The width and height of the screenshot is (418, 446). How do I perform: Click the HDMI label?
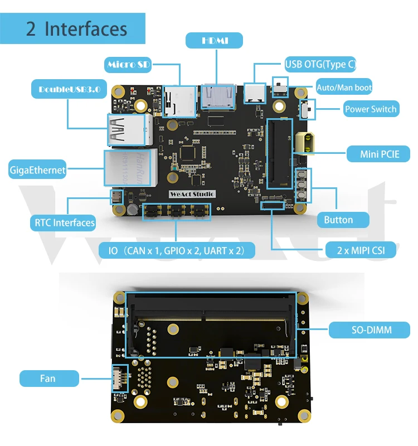(x=214, y=40)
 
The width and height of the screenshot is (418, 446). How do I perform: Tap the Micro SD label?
(x=128, y=65)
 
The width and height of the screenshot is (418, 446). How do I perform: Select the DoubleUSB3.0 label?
(x=69, y=89)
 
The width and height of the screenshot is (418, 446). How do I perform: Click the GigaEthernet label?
(x=37, y=170)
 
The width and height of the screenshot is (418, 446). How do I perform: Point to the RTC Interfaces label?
(x=64, y=222)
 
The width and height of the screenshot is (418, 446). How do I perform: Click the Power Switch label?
(x=371, y=109)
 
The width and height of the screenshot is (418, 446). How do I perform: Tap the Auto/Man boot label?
(x=344, y=87)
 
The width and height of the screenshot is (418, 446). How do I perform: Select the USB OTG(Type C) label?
(x=320, y=64)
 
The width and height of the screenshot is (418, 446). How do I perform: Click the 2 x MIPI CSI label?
(x=361, y=250)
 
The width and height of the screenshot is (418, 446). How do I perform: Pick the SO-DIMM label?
(x=370, y=329)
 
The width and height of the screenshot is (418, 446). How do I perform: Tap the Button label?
(x=343, y=220)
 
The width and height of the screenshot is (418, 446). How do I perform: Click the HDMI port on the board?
(x=218, y=96)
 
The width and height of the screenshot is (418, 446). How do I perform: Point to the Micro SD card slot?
(x=179, y=101)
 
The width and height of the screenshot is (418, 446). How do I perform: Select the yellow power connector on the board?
(x=305, y=143)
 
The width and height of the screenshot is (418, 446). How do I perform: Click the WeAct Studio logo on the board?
(x=192, y=194)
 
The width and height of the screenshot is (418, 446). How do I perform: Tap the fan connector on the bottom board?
(x=119, y=379)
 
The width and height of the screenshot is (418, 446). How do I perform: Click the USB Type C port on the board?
(x=255, y=93)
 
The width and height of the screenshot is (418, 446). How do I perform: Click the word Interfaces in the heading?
(x=86, y=29)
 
